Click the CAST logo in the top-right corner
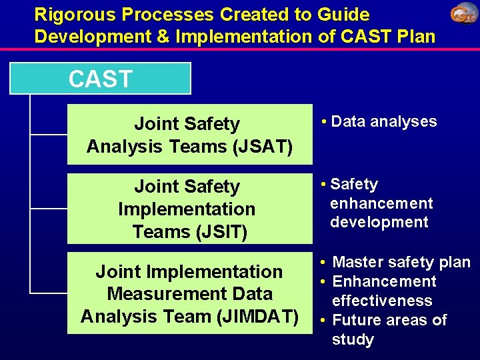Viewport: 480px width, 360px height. pos(463,14)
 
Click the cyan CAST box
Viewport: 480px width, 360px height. pos(101,79)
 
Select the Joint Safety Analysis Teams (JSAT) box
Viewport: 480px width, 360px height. pos(189,135)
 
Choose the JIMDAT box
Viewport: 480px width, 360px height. pos(189,294)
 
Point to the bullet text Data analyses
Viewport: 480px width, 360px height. pos(383,121)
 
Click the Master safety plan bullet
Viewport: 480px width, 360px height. pos(401,263)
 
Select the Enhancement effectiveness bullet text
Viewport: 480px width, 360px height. pos(383,291)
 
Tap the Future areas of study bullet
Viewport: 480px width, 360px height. pos(389,329)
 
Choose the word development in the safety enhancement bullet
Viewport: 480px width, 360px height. pos(379,223)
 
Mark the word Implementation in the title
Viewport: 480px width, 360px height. pos(234,35)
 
